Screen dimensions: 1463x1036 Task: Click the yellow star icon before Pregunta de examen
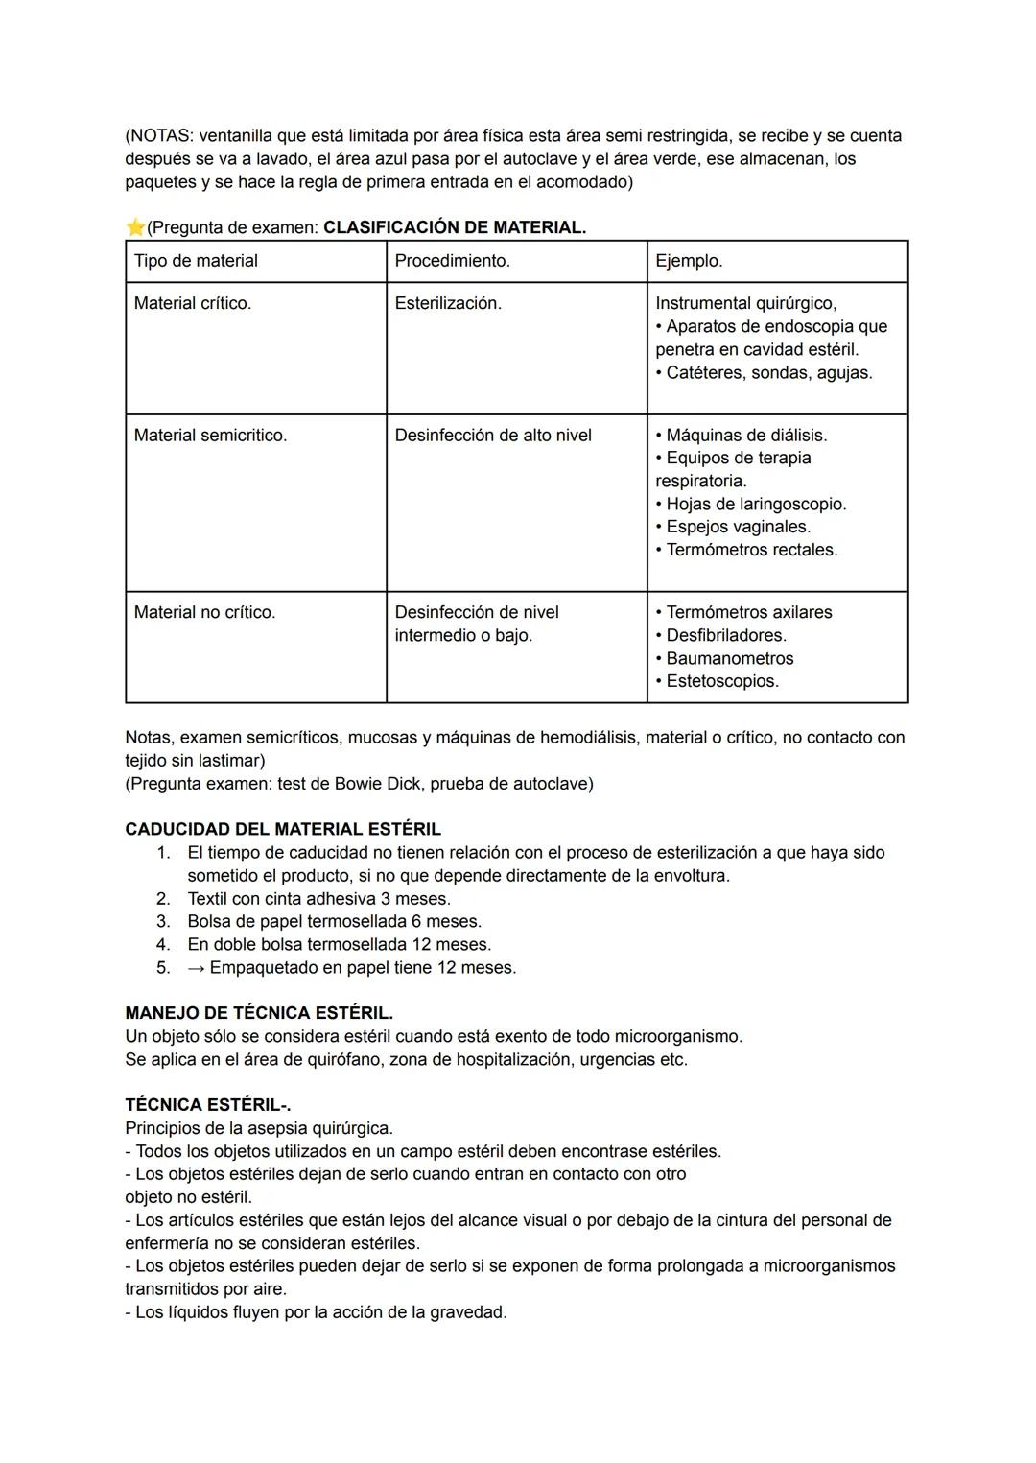[135, 227]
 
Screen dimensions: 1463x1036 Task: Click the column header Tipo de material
[196, 261]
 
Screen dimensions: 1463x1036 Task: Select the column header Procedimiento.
[452, 261]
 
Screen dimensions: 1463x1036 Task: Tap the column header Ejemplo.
[689, 261]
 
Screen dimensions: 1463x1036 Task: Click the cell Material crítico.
[192, 303]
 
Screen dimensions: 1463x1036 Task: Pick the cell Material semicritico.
[210, 436]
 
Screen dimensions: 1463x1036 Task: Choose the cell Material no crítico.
[204, 612]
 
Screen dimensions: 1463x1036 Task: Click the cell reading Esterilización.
[448, 303]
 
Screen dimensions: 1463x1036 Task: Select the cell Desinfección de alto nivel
[493, 436]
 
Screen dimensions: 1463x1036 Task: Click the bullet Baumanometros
[729, 658]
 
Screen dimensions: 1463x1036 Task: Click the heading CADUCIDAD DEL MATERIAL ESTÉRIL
[283, 829]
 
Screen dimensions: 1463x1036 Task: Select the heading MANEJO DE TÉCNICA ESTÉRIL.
[259, 1013]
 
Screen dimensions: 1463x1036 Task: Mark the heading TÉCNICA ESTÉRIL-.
[208, 1105]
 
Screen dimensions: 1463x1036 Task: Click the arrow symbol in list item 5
[196, 967]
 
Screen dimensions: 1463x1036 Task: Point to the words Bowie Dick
[376, 783]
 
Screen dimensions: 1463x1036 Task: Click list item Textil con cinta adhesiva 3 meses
[318, 898]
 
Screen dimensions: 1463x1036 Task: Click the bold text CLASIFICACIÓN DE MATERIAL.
[455, 227]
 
